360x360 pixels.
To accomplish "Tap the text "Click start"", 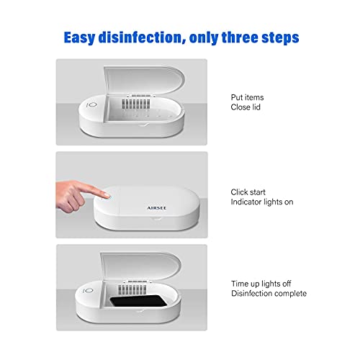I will tap(249, 192).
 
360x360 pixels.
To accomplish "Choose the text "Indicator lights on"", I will tap(262, 202).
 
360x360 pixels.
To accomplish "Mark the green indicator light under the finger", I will tap(109, 194).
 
